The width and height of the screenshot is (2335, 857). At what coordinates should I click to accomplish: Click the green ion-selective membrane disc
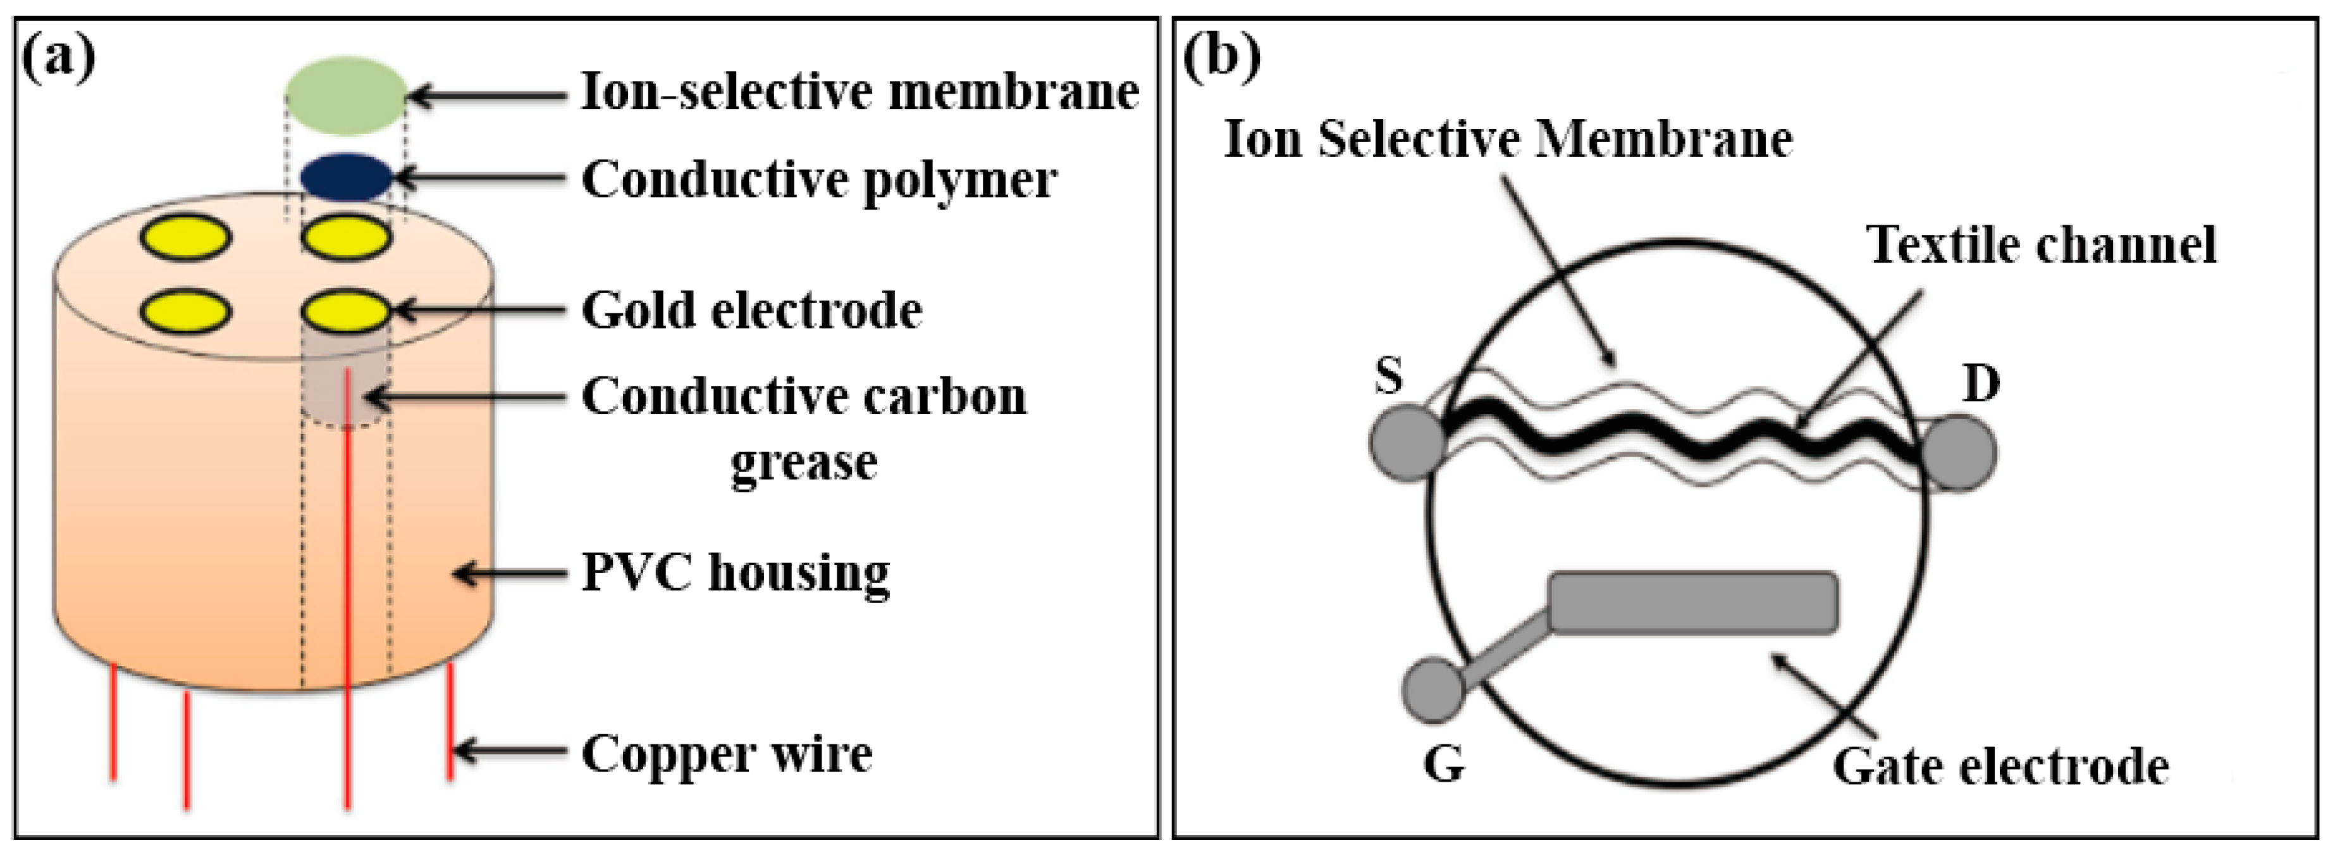(346, 95)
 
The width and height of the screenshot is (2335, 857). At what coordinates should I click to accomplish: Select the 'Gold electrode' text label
(751, 311)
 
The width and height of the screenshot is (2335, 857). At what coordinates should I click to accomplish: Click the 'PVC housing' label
(735, 573)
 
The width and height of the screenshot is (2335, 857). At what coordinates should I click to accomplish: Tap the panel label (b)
(1221, 57)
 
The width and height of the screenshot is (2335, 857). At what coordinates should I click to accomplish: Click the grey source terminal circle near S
(1407, 442)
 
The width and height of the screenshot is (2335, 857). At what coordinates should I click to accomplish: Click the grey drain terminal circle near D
(1958, 453)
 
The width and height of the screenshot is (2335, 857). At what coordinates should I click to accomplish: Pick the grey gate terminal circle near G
(1434, 690)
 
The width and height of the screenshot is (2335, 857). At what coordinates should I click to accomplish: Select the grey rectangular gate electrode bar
(1692, 601)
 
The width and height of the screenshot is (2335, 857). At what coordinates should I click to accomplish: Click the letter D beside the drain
(1981, 384)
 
